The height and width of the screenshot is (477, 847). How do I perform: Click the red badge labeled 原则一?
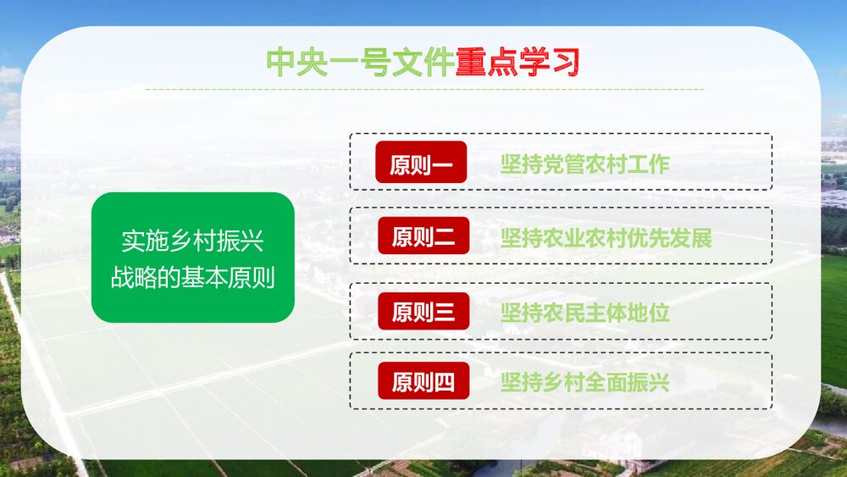tap(422, 163)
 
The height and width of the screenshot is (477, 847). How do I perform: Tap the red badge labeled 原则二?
tap(423, 236)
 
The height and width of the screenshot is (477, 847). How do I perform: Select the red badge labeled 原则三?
tap(423, 312)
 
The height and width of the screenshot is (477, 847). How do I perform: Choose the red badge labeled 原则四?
tap(423, 381)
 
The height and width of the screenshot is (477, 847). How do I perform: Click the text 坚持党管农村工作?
tap(584, 164)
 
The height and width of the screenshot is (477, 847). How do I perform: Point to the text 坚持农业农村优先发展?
tap(606, 238)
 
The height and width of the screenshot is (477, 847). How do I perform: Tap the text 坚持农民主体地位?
tap(584, 312)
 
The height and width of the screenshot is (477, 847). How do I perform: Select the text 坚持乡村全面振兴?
tap(584, 382)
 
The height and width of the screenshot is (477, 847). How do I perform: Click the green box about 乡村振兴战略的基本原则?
tap(192, 258)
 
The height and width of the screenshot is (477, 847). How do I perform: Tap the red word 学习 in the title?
tap(548, 62)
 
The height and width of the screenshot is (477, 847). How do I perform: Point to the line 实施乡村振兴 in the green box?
tap(192, 242)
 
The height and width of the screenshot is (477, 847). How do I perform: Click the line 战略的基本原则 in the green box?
tap(192, 277)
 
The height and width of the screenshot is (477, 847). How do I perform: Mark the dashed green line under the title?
tap(423, 88)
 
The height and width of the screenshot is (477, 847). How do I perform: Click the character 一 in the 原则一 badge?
tap(443, 164)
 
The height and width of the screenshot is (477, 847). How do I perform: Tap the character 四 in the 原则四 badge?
tap(444, 382)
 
